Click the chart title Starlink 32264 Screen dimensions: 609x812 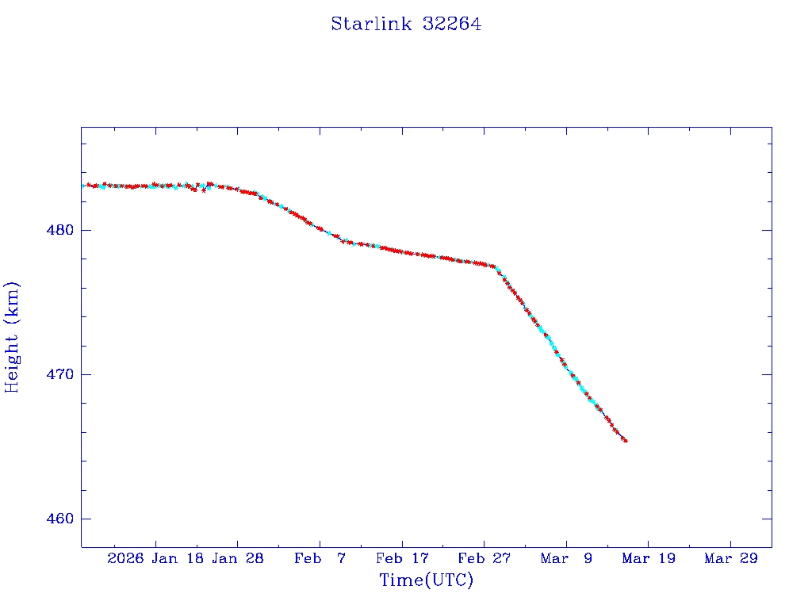[x=406, y=25]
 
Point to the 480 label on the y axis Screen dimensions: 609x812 [x=60, y=231]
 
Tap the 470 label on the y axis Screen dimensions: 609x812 [x=60, y=375]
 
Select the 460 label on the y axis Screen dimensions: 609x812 [x=60, y=519]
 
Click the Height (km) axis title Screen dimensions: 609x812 [x=13, y=336]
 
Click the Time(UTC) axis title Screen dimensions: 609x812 [x=427, y=580]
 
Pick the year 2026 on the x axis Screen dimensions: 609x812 [x=125, y=559]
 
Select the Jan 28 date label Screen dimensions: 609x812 [x=238, y=559]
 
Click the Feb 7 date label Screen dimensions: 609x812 [x=320, y=559]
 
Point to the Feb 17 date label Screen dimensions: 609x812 [x=403, y=559]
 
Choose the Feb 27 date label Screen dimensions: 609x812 [x=485, y=559]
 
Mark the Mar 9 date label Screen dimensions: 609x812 [x=567, y=559]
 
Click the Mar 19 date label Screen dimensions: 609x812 [x=649, y=559]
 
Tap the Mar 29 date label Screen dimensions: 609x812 [x=731, y=559]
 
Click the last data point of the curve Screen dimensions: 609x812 [x=626, y=441]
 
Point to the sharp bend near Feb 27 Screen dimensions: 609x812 [x=496, y=267]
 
